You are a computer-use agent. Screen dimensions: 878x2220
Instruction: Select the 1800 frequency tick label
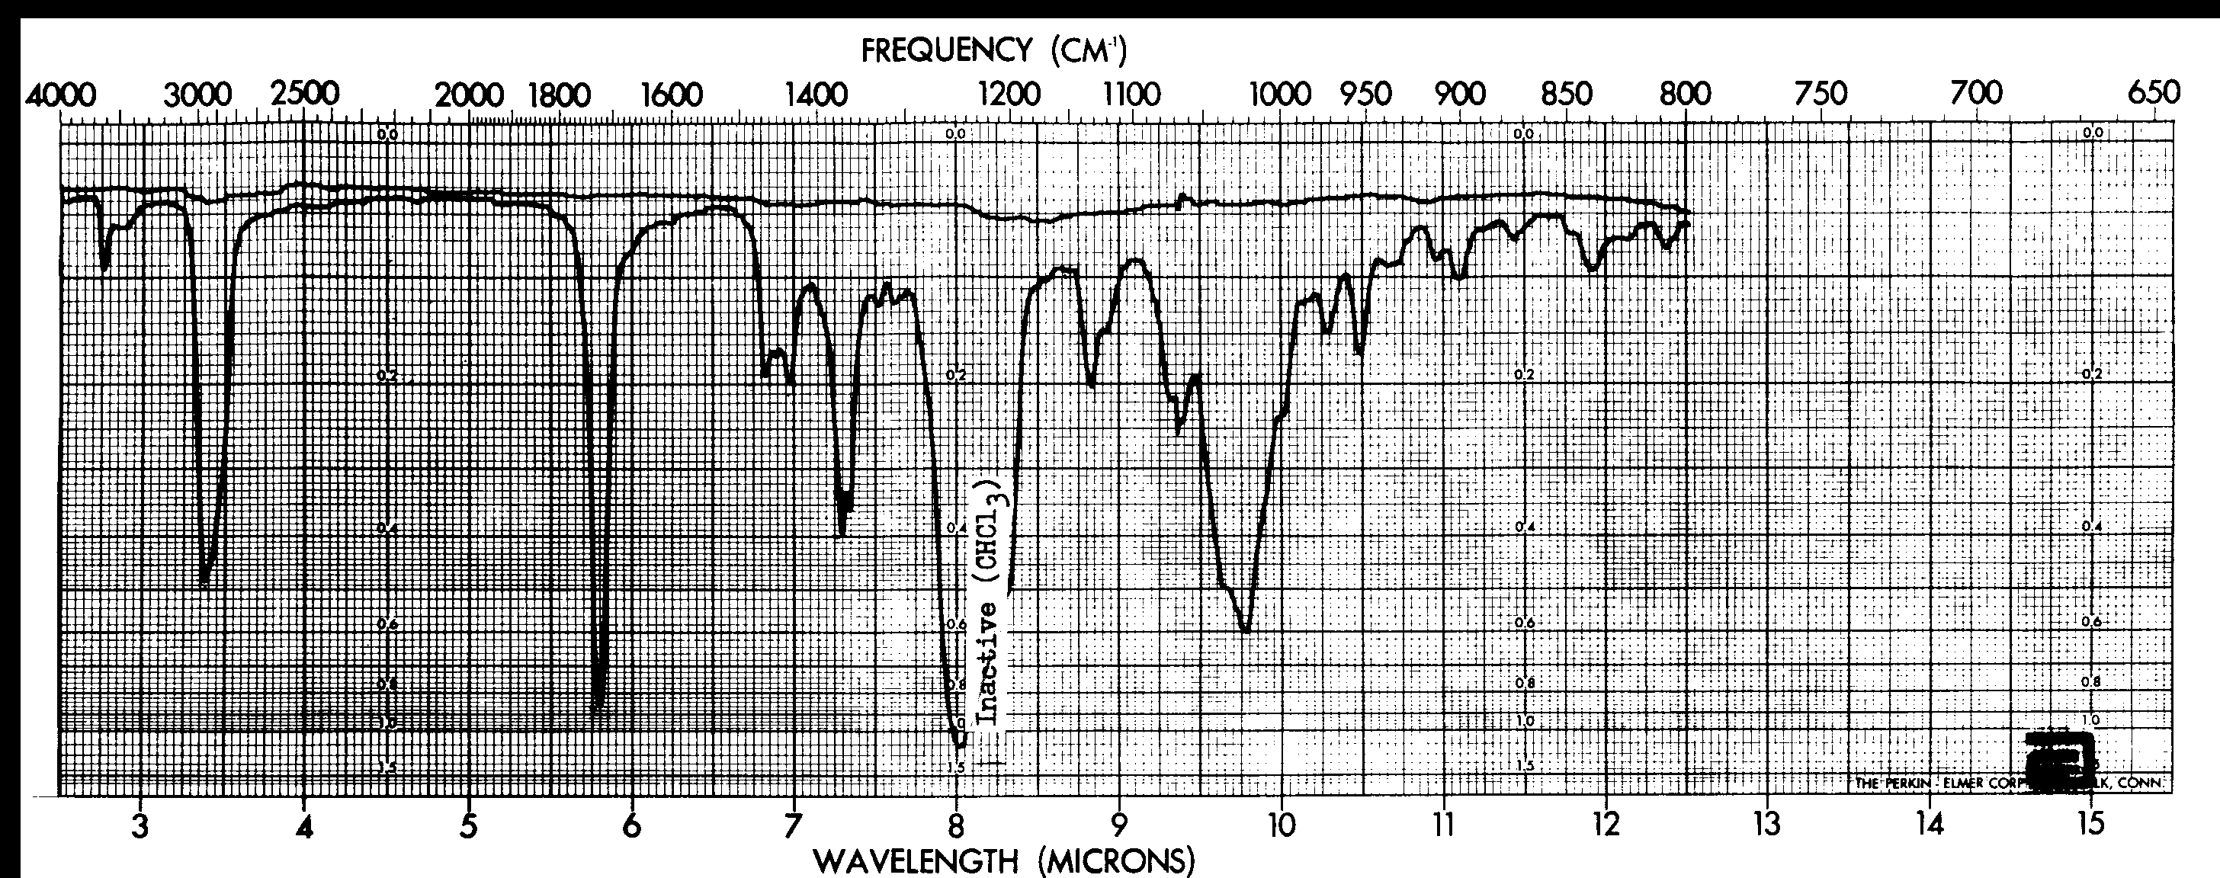tap(557, 95)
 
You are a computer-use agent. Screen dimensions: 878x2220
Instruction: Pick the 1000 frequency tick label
tap(1281, 95)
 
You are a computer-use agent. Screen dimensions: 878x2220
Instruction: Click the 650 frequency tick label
tap(2154, 93)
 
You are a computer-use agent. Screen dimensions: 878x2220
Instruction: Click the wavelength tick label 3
tap(141, 825)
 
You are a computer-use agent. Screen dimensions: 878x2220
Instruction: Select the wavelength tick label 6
tap(632, 825)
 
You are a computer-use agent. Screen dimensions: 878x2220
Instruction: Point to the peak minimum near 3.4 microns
tap(204, 582)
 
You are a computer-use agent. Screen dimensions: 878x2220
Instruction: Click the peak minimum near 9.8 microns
tap(1244, 631)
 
